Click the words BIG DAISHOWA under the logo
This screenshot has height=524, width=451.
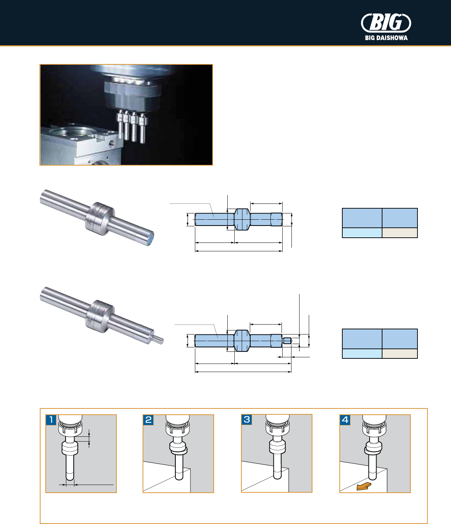tap(386, 38)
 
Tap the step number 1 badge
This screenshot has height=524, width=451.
tap(51, 419)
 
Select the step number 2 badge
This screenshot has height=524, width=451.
tap(148, 419)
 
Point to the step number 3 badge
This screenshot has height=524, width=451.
tap(247, 419)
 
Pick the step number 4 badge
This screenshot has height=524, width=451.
tap(345, 419)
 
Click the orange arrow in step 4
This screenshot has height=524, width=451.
tap(364, 486)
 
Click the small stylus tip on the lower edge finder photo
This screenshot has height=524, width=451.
tap(159, 339)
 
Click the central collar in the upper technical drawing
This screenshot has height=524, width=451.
tap(242, 219)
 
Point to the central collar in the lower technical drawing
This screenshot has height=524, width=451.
tap(242, 340)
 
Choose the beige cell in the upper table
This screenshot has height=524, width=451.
tap(399, 233)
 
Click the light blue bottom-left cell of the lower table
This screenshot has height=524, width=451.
tap(362, 353)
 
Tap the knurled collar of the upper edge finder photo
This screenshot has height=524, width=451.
tap(100, 219)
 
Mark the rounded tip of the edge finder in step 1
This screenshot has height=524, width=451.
tap(70, 478)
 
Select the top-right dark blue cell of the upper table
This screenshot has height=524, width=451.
tap(399, 218)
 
